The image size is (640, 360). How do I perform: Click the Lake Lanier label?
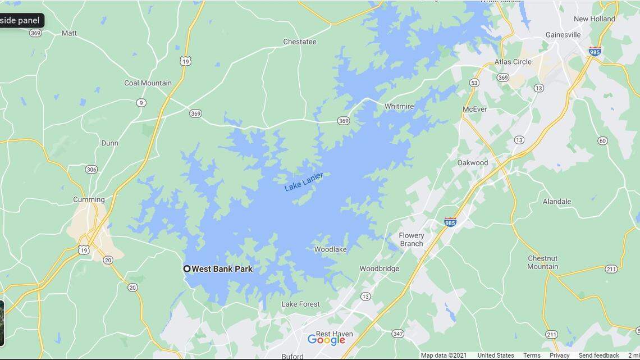[x=303, y=182]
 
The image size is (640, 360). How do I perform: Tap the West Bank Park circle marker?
[x=187, y=269]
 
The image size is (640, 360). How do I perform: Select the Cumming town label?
[x=89, y=199]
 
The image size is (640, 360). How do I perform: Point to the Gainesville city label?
[x=563, y=35]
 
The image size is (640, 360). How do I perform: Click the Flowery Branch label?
[x=412, y=239]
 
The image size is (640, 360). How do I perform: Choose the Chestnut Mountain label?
[x=542, y=262]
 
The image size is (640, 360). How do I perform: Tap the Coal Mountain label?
[x=148, y=83]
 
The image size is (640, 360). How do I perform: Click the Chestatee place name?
[x=299, y=42]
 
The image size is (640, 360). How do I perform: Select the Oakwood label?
[x=472, y=163]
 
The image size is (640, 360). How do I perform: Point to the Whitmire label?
[x=399, y=106]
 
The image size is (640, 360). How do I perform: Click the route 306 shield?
[x=92, y=169]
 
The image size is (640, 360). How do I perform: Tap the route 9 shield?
[x=141, y=103]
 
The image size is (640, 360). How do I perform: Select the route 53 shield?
[x=474, y=83]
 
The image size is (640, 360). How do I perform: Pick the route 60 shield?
[x=602, y=140]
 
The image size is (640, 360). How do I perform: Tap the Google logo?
[x=326, y=340]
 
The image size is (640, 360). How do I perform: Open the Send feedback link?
[x=598, y=356]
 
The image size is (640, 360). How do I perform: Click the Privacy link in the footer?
[x=559, y=356]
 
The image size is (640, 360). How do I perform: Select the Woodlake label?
[x=330, y=249]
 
